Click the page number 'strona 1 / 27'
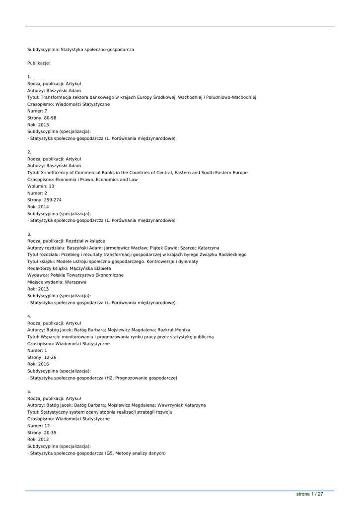[310, 494]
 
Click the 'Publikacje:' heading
[39, 63]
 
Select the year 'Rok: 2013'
[38, 125]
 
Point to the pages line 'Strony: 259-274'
[45, 200]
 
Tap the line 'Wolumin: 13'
[41, 186]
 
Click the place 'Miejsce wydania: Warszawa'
[57, 282]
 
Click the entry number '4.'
[29, 316]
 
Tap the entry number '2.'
[29, 152]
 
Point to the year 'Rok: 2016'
[38, 364]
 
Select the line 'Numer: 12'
[39, 426]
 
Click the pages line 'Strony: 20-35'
[42, 433]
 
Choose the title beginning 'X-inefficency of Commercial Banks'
[138, 173]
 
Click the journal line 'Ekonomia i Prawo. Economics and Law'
[82, 180]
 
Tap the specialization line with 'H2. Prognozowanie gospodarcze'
[102, 378]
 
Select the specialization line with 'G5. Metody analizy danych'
[96, 453]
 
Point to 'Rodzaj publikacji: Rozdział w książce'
[66, 241]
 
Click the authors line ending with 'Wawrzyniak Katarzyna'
[116, 405]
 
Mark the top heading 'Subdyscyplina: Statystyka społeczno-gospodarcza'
[80, 50]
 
